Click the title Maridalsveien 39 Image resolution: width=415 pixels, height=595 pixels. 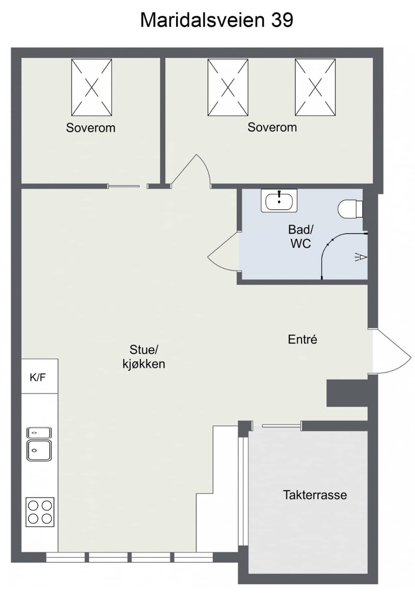[216, 20]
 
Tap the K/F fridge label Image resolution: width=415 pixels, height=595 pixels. [38, 377]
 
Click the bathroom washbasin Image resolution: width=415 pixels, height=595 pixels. [279, 200]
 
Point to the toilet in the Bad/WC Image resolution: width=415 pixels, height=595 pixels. [350, 209]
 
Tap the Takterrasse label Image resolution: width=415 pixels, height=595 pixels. [315, 495]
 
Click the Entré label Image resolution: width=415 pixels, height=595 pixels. [302, 339]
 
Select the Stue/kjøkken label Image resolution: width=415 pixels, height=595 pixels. [144, 357]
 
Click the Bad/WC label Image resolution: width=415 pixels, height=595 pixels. [301, 236]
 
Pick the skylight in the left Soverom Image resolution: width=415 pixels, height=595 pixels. [92, 87]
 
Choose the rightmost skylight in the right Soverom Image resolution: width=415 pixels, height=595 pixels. [315, 87]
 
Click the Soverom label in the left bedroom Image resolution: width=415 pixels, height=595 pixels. [91, 128]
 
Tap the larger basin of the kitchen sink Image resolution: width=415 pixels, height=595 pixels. [39, 450]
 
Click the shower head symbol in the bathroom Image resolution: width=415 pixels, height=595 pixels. [362, 257]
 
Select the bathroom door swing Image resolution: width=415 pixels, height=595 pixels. [224, 252]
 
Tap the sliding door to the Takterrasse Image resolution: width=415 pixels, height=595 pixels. [282, 426]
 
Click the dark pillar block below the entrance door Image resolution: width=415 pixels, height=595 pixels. [347, 393]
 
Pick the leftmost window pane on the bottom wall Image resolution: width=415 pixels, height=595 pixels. [65, 557]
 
